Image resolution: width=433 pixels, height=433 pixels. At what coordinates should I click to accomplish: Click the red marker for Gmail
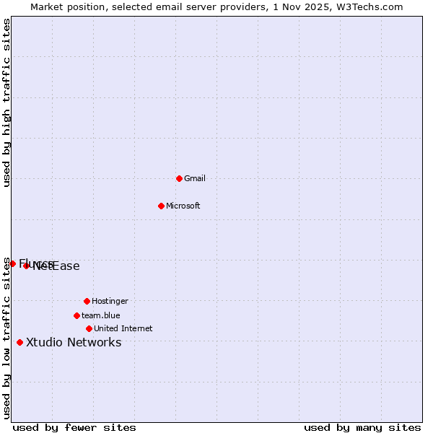pos(179,178)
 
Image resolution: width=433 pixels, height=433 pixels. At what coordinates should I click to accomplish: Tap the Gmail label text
pos(195,178)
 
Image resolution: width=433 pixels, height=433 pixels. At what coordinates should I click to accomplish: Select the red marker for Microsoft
pos(162,206)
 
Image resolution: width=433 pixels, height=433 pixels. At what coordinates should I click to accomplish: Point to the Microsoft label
pos(183,206)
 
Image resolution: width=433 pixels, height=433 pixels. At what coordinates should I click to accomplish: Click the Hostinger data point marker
pos(87,301)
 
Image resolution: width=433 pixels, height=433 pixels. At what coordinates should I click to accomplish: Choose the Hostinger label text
pos(110,301)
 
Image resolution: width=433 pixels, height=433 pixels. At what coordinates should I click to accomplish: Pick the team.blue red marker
pos(76,315)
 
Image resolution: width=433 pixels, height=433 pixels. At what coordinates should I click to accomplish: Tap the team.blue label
pos(101,315)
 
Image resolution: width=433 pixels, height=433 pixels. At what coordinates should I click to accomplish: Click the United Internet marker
pos(89,328)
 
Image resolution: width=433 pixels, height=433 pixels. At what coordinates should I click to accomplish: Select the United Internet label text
pos(123,328)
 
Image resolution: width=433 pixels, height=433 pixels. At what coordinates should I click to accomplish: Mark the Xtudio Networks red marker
pos(19,342)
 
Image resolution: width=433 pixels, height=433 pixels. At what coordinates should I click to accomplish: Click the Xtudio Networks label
pos(74,342)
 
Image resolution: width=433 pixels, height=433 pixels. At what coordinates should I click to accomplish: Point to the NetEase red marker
pos(26,266)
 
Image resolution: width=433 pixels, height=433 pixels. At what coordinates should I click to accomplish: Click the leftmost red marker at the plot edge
pos(12,263)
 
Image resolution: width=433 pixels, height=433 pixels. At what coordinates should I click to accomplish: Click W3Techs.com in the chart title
pos(370,6)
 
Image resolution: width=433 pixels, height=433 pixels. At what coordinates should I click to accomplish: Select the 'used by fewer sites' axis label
pos(74,427)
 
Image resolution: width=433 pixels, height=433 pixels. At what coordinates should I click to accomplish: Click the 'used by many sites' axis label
pos(362,427)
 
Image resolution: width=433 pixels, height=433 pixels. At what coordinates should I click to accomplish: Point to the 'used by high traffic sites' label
pos(6,102)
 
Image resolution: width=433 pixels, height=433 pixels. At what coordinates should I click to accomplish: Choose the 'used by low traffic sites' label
pos(6,338)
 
